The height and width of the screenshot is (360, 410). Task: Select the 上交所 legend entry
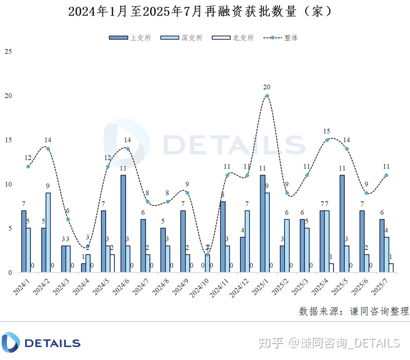[130, 38]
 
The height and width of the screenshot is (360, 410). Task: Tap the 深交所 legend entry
[181, 38]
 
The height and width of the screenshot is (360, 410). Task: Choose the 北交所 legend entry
[233, 38]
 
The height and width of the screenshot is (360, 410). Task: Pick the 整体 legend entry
[281, 38]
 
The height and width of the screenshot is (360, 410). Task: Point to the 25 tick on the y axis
[8, 52]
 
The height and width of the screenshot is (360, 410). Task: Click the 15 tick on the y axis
[8, 140]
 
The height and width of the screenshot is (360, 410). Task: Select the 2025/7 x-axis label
[380, 286]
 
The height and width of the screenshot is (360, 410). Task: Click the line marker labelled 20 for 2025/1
[267, 96]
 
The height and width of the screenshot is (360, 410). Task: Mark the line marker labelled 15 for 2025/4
[327, 140]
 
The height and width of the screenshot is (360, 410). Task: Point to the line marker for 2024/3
[68, 220]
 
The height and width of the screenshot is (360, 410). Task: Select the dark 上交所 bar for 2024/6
[123, 224]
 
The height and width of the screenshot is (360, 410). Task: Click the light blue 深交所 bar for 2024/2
[48, 233]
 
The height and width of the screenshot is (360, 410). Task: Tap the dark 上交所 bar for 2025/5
[342, 224]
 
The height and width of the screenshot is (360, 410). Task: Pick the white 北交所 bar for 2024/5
[112, 263]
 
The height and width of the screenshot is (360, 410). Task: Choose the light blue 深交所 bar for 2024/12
[247, 241]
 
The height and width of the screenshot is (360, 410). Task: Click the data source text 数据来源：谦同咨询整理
[354, 311]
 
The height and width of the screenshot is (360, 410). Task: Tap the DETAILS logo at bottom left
[41, 343]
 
